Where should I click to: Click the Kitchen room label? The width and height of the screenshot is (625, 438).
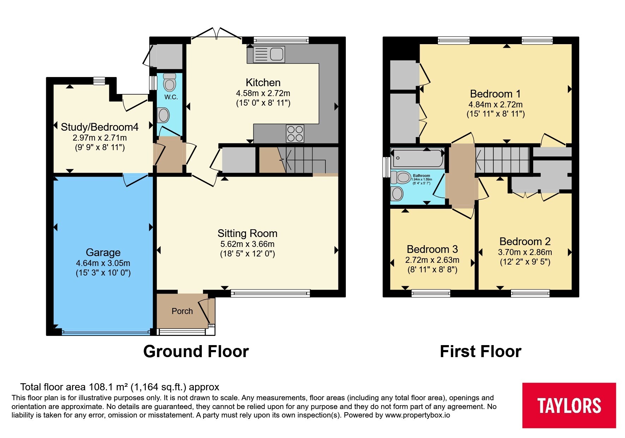pyautogui.click(x=263, y=83)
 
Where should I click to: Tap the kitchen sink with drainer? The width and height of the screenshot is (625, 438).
pyautogui.click(x=269, y=54)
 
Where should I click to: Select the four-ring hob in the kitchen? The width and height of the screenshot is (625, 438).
pyautogui.click(x=295, y=134)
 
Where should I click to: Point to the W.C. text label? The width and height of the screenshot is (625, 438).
pyautogui.click(x=171, y=97)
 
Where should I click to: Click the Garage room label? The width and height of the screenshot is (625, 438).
pyautogui.click(x=103, y=253)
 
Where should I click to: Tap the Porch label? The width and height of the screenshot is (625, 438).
pyautogui.click(x=182, y=311)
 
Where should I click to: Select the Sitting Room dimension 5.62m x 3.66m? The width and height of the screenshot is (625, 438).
pyautogui.click(x=247, y=244)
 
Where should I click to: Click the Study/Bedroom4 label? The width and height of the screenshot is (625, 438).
pyautogui.click(x=100, y=127)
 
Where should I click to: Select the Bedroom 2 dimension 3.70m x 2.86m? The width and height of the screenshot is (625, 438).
pyautogui.click(x=525, y=252)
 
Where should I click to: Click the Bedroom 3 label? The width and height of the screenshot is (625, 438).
pyautogui.click(x=432, y=249)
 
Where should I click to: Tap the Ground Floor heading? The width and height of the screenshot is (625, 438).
pyautogui.click(x=196, y=351)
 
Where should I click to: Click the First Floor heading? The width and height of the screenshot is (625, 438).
pyautogui.click(x=480, y=351)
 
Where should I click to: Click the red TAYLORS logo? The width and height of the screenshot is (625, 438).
pyautogui.click(x=569, y=405)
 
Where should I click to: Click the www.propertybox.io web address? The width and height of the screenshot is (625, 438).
pyautogui.click(x=417, y=415)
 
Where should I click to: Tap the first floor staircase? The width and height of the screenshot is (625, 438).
pyautogui.click(x=502, y=160)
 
